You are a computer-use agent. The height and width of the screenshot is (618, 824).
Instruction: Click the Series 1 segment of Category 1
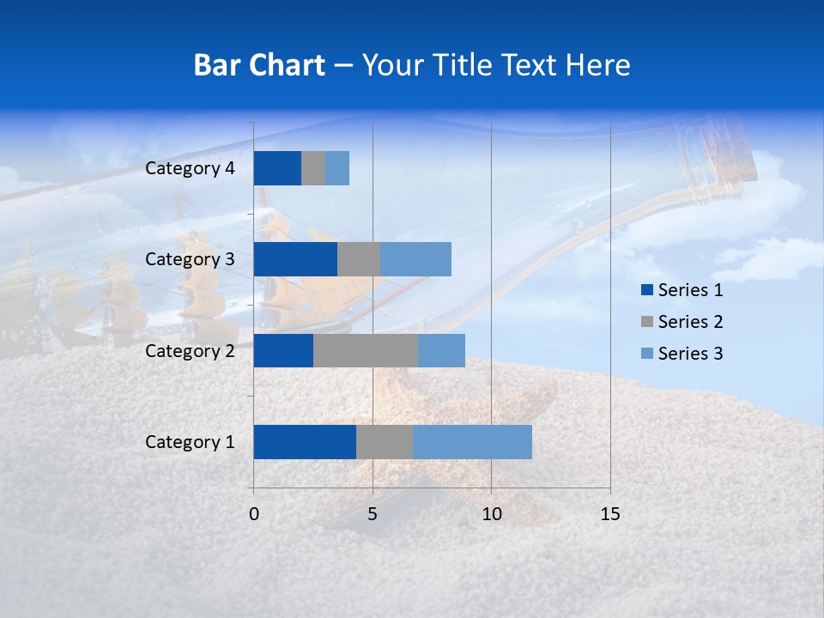(305, 442)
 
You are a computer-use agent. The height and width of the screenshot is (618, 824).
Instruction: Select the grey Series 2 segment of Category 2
(366, 350)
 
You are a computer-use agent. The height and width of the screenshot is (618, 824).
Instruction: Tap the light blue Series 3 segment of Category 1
(472, 442)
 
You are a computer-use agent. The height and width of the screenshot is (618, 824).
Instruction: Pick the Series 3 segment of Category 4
(337, 168)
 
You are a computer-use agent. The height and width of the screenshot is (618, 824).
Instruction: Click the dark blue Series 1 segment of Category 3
(295, 259)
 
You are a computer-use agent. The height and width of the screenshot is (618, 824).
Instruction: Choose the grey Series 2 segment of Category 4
(313, 168)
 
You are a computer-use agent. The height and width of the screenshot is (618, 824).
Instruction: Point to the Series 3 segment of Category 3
(415, 259)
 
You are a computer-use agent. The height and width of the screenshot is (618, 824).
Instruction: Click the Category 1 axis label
(190, 442)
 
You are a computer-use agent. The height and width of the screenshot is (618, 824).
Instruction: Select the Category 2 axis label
(190, 350)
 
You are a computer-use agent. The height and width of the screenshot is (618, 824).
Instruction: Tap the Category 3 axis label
(190, 259)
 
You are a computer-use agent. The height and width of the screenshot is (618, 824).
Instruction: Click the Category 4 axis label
(190, 168)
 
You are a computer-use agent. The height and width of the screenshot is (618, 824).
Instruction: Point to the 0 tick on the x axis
(254, 514)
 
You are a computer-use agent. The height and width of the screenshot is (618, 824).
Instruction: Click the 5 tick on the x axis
(373, 514)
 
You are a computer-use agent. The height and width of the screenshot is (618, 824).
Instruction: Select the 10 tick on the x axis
(491, 514)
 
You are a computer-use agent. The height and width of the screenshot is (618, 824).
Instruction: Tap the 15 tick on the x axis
(609, 514)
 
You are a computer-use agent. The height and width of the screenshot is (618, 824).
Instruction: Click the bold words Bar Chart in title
(259, 65)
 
